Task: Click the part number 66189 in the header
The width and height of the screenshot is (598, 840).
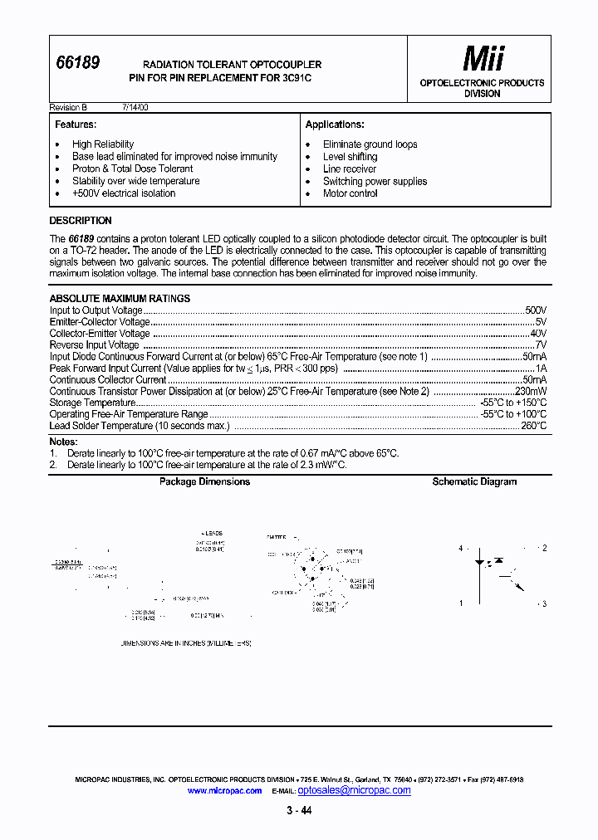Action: point(77,62)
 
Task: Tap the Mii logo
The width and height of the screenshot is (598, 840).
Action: point(483,59)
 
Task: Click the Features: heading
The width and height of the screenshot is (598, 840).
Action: point(76,125)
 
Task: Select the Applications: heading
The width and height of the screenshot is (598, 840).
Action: point(335,125)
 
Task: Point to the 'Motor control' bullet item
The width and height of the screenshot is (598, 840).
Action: point(350,193)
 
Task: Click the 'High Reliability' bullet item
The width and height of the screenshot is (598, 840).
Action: point(103,144)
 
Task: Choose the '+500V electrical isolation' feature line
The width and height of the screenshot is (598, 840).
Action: point(124,193)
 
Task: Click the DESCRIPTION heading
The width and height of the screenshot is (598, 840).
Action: point(81,221)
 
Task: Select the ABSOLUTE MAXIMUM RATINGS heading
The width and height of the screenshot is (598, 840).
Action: point(120,299)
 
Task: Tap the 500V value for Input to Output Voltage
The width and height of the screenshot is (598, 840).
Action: point(536,310)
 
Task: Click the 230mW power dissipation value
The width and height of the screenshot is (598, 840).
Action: point(531,391)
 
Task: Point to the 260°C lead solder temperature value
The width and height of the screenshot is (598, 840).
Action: point(533,426)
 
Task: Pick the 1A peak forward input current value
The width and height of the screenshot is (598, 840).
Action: point(541,368)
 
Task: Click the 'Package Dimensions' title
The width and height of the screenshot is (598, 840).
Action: point(204,482)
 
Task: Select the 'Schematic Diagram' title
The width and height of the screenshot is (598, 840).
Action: point(474,482)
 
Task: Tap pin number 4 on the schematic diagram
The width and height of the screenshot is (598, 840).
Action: point(460,549)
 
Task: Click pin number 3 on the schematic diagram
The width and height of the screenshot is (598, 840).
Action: point(543,603)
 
